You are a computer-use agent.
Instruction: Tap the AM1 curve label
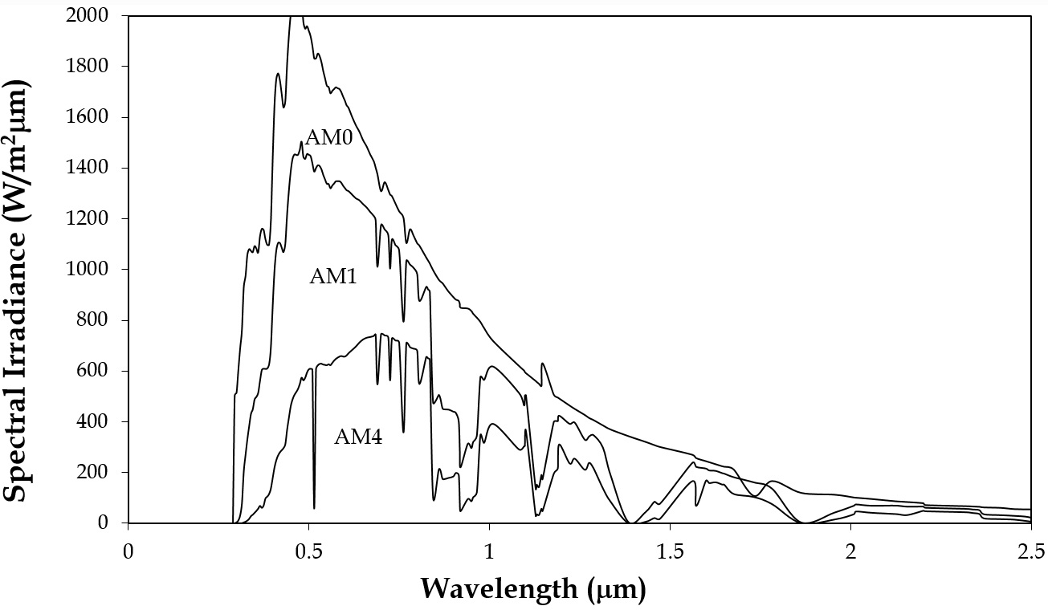pos(333,277)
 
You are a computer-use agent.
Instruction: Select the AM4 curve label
pos(358,437)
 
